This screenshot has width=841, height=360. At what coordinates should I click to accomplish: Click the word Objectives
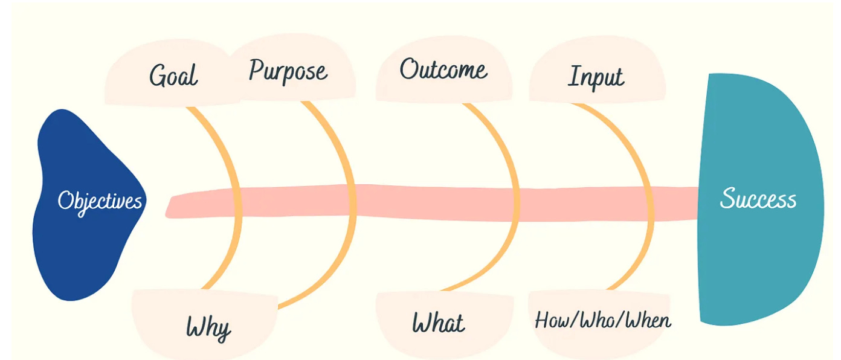(x=100, y=201)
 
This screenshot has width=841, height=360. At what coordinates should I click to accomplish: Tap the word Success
(x=758, y=199)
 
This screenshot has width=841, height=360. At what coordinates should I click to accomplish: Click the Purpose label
(x=288, y=71)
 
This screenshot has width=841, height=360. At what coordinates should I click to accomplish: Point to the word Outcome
(x=443, y=69)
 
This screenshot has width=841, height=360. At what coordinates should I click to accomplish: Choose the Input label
(x=596, y=77)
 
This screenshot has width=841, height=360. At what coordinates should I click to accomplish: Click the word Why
(x=208, y=328)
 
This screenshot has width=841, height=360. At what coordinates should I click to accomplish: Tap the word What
(x=438, y=323)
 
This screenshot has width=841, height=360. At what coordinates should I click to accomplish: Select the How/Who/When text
(x=602, y=320)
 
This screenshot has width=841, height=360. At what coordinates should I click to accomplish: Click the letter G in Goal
(x=158, y=76)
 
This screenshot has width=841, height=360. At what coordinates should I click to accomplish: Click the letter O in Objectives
(x=65, y=200)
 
